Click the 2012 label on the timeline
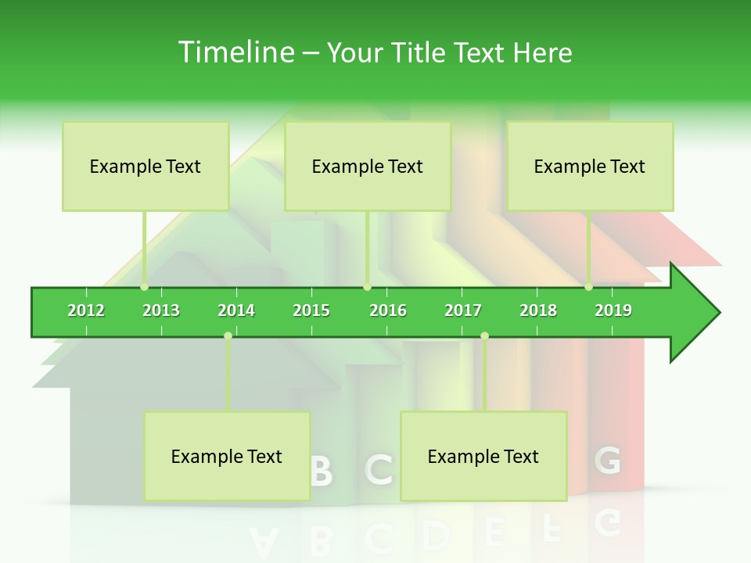(86, 310)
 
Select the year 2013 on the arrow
(161, 310)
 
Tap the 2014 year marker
(236, 310)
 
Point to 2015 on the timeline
(311, 310)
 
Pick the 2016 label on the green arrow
(388, 310)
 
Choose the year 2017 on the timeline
(463, 310)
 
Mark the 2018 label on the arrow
(538, 310)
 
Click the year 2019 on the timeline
(613, 310)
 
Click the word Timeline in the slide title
(234, 52)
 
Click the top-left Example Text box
(146, 166)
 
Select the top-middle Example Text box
(368, 166)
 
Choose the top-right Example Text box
(590, 166)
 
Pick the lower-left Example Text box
(227, 456)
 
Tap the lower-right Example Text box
(483, 456)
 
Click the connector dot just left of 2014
(228, 335)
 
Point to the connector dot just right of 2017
(484, 335)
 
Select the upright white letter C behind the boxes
(379, 469)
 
